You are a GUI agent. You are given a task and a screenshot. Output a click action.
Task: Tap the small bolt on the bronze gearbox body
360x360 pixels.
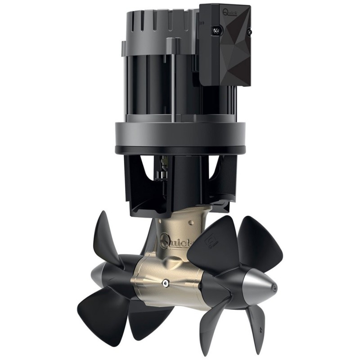pos(166,283)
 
